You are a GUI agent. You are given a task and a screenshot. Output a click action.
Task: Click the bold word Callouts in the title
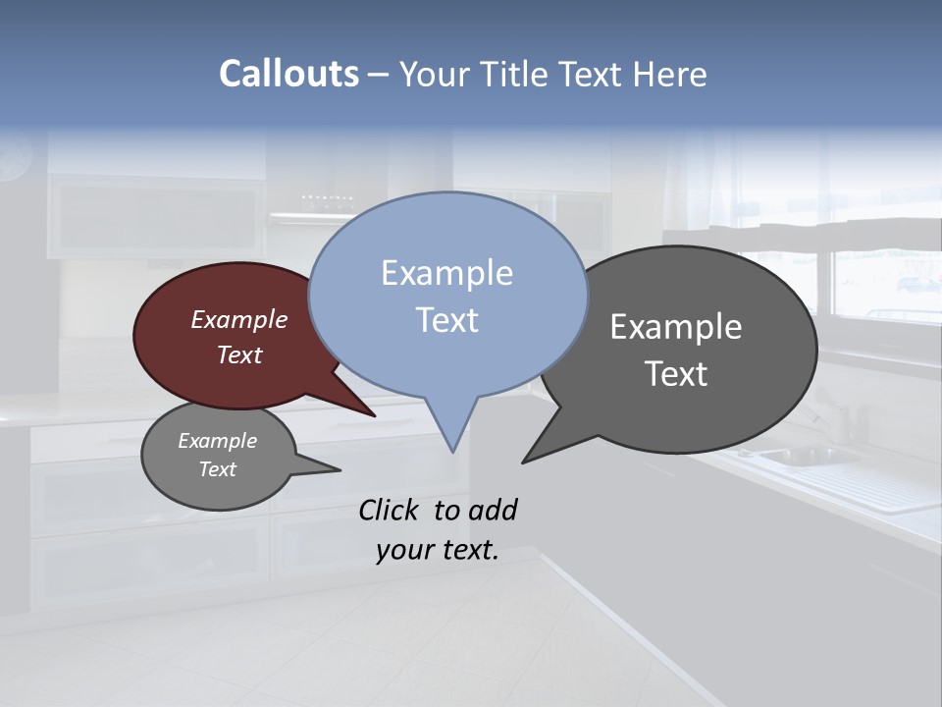point(288,74)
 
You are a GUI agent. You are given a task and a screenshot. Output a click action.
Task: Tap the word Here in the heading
point(670,74)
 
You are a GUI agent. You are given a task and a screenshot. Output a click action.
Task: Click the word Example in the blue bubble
point(446,273)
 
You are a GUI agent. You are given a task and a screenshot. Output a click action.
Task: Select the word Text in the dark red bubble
point(238,354)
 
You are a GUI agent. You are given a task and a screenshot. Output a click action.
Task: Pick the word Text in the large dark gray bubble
point(676,374)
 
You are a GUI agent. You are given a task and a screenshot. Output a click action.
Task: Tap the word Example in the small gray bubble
point(217,441)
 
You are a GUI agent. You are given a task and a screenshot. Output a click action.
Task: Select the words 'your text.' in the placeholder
point(437,550)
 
